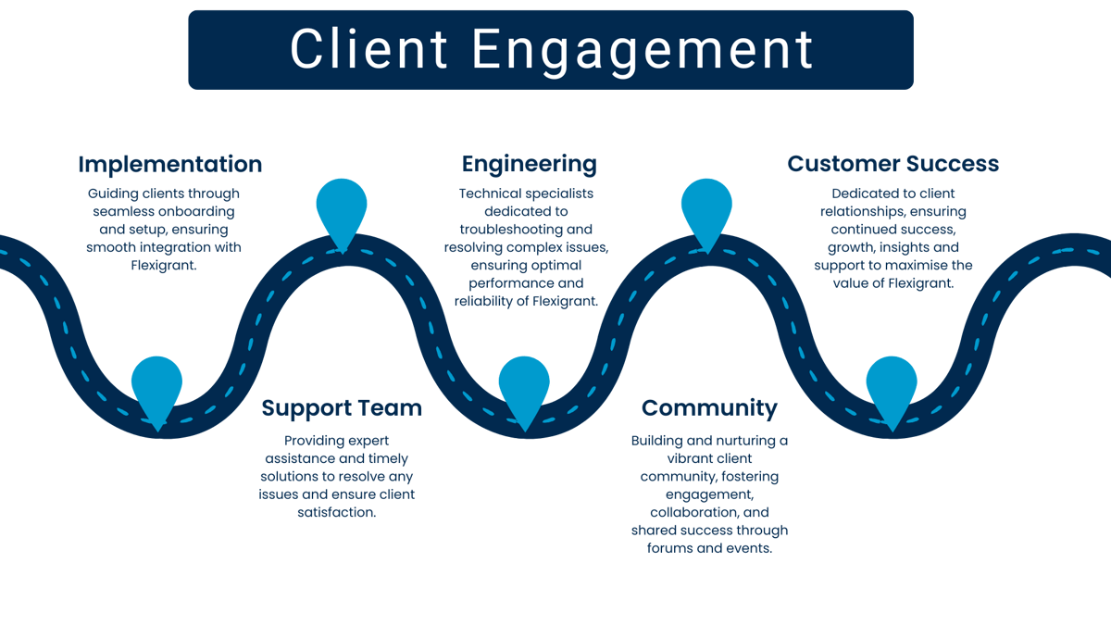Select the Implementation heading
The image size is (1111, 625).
[x=170, y=165]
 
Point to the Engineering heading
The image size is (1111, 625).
[x=529, y=165]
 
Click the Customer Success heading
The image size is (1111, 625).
[x=893, y=165]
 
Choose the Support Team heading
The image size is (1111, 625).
[x=342, y=408]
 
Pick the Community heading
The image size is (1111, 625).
[x=709, y=408]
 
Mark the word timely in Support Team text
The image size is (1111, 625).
[x=387, y=458]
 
